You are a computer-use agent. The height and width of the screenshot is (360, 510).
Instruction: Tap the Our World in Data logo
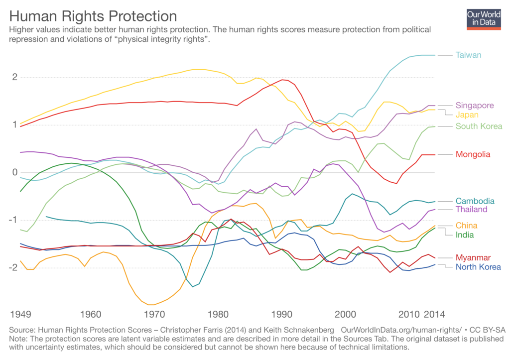coord(484,18)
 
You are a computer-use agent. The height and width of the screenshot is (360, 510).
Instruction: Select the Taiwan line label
coord(468,55)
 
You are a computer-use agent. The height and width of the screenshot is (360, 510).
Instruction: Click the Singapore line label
coord(475,106)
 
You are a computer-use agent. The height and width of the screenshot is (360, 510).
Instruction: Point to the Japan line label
coord(467,115)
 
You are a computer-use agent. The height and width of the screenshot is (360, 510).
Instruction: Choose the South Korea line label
coord(479,126)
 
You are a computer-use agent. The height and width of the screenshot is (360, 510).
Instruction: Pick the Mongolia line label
coord(473,154)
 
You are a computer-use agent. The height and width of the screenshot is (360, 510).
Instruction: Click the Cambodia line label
coord(475,201)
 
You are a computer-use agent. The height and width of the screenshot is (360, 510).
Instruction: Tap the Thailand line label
coord(471,210)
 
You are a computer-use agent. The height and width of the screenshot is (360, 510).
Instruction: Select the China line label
coord(466,226)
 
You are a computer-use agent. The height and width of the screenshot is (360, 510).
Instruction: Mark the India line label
coord(465,235)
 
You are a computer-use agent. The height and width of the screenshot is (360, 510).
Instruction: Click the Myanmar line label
coord(473,257)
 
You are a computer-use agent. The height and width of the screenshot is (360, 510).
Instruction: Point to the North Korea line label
coord(478,267)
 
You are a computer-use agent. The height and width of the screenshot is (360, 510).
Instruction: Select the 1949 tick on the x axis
coord(20,315)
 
